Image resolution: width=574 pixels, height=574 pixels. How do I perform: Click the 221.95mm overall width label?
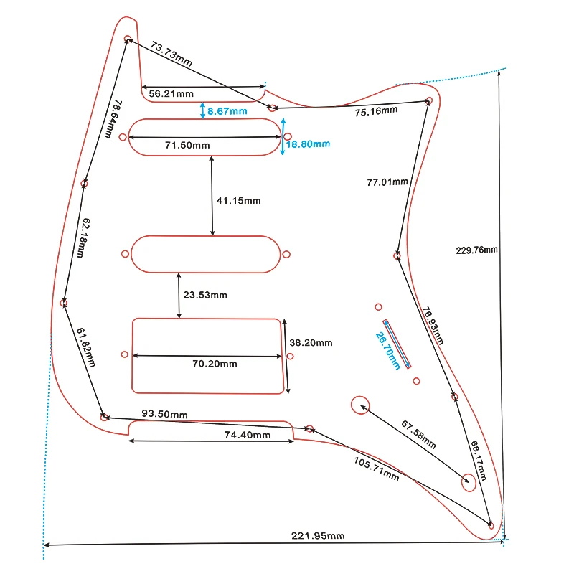point(317,536)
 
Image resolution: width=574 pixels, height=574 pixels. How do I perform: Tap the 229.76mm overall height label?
point(476,250)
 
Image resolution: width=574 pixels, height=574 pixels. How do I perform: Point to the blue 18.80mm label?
point(308,143)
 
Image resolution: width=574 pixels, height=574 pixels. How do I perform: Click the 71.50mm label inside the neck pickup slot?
point(187,145)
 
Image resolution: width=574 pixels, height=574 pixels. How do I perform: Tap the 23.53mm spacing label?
point(205,295)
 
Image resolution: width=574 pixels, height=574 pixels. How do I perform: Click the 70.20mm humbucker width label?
point(215,364)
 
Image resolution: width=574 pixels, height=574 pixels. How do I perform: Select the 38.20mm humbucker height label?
point(311,343)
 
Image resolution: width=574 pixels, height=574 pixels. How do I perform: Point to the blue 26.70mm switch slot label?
point(388,350)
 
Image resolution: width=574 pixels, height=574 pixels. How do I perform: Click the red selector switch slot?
point(397,344)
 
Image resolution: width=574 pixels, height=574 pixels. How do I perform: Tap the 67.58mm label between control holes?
point(418,433)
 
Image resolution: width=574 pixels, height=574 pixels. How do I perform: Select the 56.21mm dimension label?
point(171,93)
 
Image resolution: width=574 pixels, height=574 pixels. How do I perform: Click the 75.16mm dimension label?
point(376,110)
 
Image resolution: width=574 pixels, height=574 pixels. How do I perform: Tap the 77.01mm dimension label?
point(387,182)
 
